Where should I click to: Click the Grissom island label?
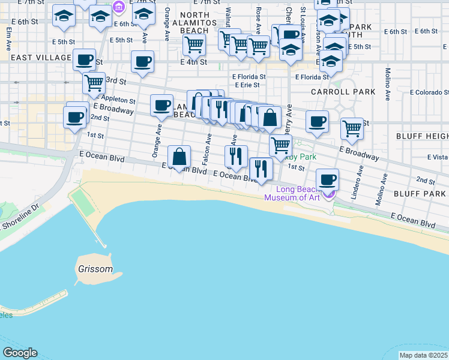95,269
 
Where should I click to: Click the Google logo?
20,353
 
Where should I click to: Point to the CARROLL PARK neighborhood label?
343,92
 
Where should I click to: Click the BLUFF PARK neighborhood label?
420,194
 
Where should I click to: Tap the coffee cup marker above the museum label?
327,179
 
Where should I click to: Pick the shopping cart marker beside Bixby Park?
280,145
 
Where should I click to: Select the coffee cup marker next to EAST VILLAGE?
85,59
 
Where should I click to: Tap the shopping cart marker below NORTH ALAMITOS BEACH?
194,43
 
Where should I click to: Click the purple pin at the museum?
328,193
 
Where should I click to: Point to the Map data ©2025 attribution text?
424,355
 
